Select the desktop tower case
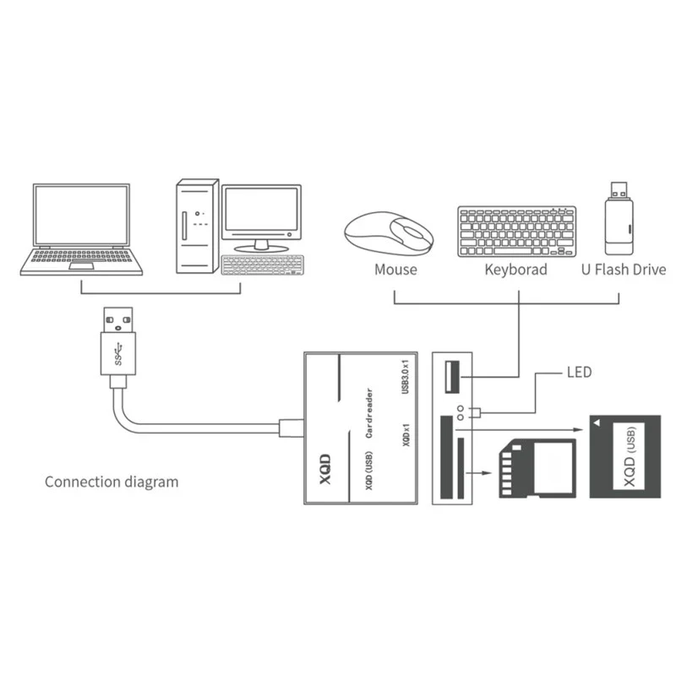197,226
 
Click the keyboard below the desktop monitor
261,264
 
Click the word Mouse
395,270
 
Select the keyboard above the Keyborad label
516,231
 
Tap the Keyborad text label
515,270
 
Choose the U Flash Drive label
624,270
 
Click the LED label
581,372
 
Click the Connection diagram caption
112,482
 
